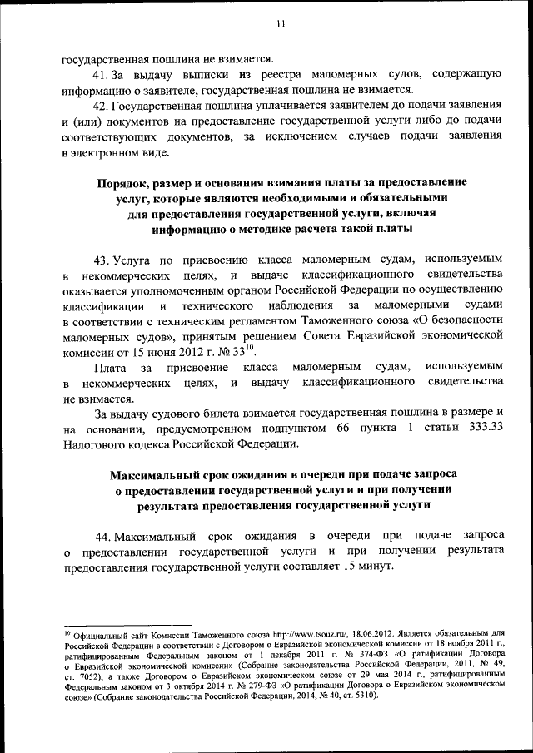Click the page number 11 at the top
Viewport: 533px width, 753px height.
pos(281,24)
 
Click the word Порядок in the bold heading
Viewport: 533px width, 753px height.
pos(123,182)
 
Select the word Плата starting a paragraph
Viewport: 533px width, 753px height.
pos(111,366)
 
